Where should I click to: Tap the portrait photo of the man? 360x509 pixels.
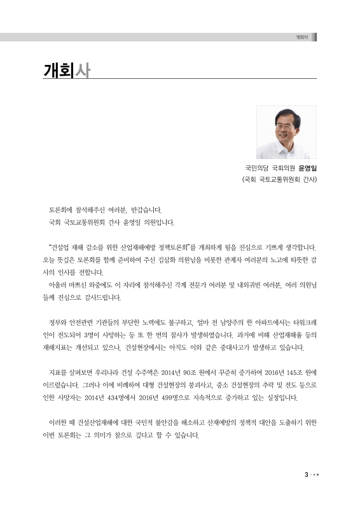click(286, 132)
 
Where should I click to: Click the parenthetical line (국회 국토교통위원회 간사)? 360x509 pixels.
click(279, 180)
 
